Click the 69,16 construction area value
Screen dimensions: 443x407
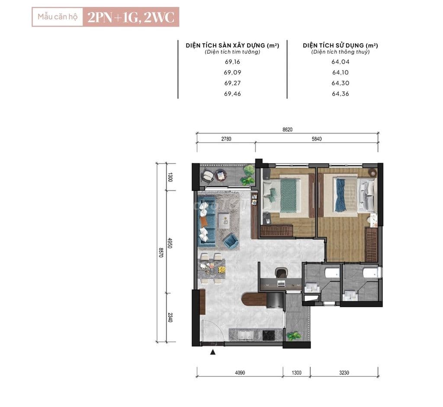pos(232,61)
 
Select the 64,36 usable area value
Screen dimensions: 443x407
pos(340,94)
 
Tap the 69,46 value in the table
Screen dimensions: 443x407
pos(232,94)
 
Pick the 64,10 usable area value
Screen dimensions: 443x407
pos(340,72)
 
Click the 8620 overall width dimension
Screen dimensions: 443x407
pos(287,129)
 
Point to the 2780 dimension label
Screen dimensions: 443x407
pos(226,139)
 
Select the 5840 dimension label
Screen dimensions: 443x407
pos(316,139)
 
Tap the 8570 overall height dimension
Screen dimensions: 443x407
pos(161,252)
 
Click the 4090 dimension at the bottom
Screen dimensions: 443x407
pos(240,373)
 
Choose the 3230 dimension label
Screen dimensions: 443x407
pos(344,373)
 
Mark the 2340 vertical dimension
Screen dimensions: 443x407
pos(170,317)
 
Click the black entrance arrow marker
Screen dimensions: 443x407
pos(213,352)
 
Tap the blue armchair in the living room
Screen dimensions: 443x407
pos(231,241)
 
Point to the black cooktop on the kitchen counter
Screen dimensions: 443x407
pos(268,335)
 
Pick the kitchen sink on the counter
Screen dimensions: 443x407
pos(245,335)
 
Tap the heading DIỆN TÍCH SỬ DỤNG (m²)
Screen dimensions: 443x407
pos(340,45)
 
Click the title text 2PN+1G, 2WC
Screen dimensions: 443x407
pos(131,17)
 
